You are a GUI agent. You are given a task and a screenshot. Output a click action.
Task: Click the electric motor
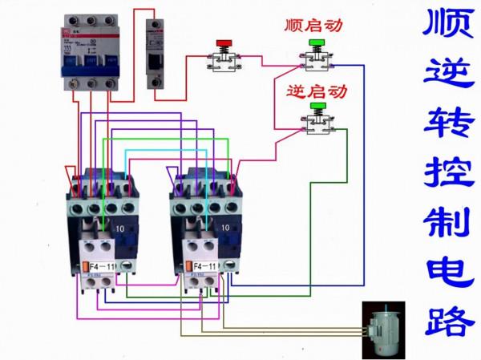(x=388, y=326)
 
